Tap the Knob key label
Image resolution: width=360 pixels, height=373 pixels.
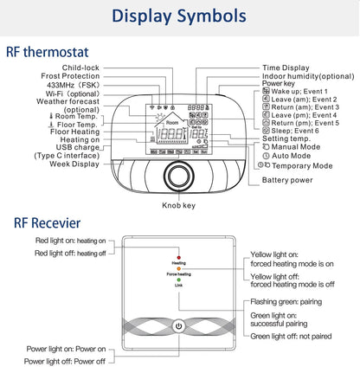(180, 207)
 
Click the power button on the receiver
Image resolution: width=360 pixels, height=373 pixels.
(179, 327)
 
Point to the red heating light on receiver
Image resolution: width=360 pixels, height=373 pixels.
(178, 258)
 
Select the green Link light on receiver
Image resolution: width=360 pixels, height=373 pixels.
(178, 280)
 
